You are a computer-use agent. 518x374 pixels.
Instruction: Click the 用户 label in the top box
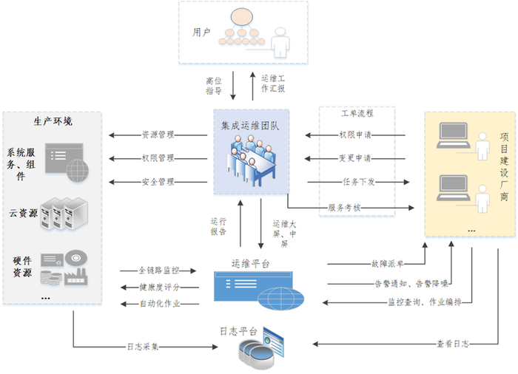(x=202, y=33)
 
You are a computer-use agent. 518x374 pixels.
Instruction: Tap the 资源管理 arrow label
(x=157, y=135)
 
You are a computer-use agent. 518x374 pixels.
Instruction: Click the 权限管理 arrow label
(x=157, y=158)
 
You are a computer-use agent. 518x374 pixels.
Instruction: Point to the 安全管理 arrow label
(x=157, y=182)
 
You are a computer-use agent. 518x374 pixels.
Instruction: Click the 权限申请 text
(x=355, y=135)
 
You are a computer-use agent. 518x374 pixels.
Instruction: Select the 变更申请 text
(x=355, y=158)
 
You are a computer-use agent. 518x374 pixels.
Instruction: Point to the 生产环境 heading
(x=53, y=121)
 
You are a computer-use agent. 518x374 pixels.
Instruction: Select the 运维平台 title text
(x=250, y=263)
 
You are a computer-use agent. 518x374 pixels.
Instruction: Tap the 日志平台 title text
(x=238, y=331)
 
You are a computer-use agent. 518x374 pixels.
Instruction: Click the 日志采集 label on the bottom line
(x=143, y=345)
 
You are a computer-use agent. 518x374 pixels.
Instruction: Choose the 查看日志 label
(x=452, y=344)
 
